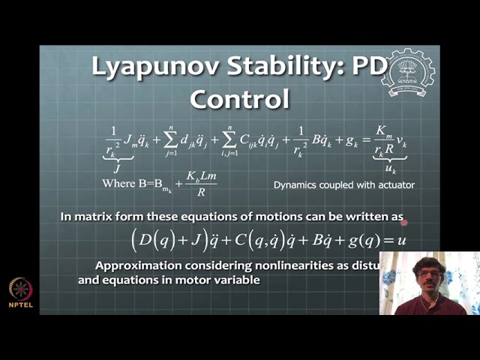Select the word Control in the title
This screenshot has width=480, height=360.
[x=239, y=98]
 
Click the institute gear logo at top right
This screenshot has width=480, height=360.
[x=408, y=73]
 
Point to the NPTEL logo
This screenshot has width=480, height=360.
[x=20, y=292]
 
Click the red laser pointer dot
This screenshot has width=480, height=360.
[x=403, y=222]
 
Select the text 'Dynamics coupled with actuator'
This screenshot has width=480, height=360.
[x=344, y=184]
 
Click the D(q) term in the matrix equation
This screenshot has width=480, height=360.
[x=154, y=241]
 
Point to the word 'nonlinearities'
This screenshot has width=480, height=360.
[x=280, y=265]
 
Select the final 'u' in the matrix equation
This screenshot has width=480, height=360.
[x=401, y=241]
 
